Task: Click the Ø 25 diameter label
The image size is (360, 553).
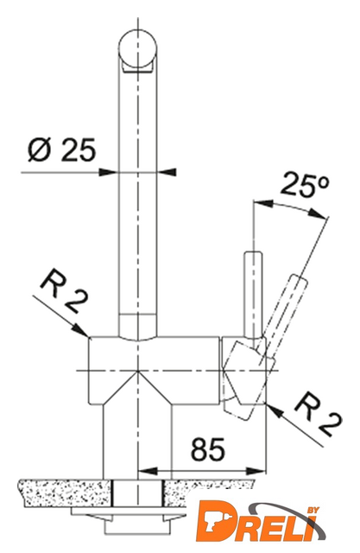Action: (x=61, y=149)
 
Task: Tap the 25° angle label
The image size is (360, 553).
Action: (x=305, y=183)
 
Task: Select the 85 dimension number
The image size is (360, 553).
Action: (x=207, y=449)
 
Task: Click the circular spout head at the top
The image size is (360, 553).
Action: (x=137, y=49)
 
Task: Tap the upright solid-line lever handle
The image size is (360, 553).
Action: (x=253, y=295)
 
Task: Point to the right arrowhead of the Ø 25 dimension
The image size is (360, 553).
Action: (x=167, y=172)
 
